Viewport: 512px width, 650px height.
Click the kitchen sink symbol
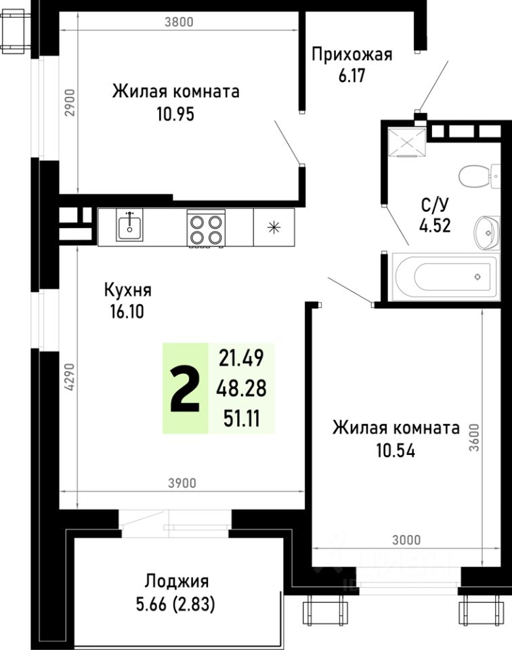(x=129, y=226)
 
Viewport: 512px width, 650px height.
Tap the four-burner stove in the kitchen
(x=206, y=228)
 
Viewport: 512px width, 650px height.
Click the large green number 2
(x=184, y=388)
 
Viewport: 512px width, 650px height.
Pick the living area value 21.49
(x=240, y=357)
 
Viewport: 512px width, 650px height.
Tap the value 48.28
(x=240, y=388)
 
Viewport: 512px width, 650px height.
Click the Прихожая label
(x=351, y=55)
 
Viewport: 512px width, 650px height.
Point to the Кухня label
(x=127, y=290)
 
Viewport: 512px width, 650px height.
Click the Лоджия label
(x=176, y=581)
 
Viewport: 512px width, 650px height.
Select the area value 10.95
(x=175, y=114)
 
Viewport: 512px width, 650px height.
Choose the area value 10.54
(x=396, y=449)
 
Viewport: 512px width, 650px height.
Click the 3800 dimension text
(x=179, y=21)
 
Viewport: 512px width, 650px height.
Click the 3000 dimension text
(x=406, y=540)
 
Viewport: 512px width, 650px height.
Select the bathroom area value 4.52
(x=435, y=226)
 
